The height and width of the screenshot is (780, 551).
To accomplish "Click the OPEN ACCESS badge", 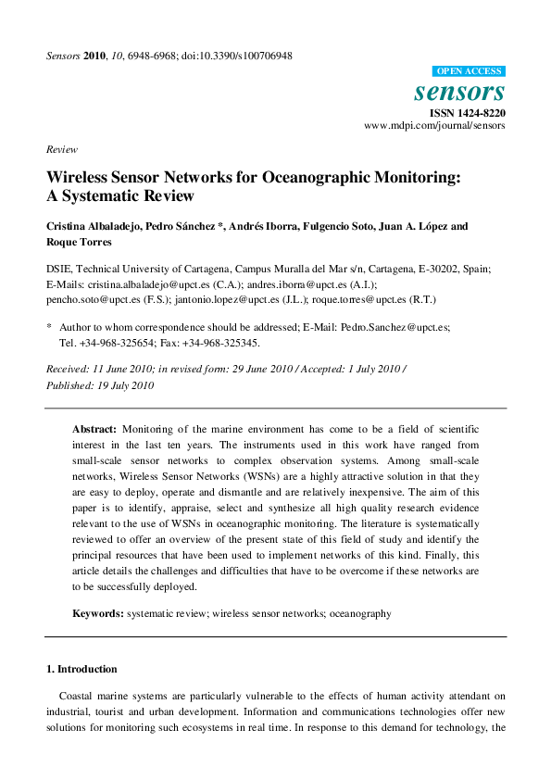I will click(x=469, y=71).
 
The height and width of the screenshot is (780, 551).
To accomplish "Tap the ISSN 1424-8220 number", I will click(x=468, y=113).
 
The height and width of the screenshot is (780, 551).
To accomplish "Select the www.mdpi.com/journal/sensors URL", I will click(x=434, y=125).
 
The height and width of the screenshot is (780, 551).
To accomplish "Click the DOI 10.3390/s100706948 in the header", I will click(x=241, y=57).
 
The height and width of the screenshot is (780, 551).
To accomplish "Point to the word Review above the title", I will click(x=61, y=149).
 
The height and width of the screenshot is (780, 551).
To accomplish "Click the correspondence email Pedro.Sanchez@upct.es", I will click(x=407, y=327).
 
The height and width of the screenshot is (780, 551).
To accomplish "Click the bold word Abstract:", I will click(x=94, y=431).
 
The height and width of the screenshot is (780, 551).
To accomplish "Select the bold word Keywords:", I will click(x=98, y=613).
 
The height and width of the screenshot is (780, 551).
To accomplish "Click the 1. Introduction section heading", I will click(x=81, y=669).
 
